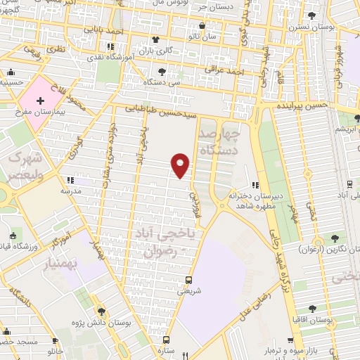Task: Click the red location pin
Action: pos(181,165)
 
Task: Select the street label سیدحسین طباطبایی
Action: pos(162,110)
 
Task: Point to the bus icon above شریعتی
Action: pos(186,278)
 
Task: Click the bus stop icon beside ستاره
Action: pos(165,340)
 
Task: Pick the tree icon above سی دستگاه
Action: pos(162,71)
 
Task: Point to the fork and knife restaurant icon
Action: pos(184,354)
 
